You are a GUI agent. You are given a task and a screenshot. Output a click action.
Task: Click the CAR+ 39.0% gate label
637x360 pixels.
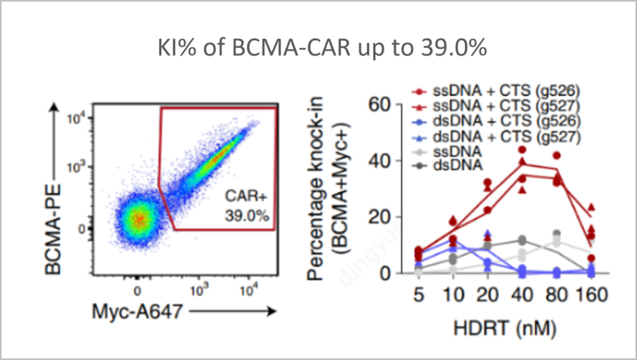coord(247,207)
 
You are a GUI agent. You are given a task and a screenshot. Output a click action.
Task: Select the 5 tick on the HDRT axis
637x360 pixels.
coord(419,294)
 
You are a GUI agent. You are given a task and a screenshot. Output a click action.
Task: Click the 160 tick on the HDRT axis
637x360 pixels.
coord(590,294)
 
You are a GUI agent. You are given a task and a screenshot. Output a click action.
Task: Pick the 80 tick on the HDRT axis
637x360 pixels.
coord(555,294)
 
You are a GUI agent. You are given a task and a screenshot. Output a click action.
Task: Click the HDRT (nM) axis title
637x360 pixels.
coord(504,326)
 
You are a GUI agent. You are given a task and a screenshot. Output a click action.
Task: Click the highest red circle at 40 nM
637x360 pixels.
coord(521,150)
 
